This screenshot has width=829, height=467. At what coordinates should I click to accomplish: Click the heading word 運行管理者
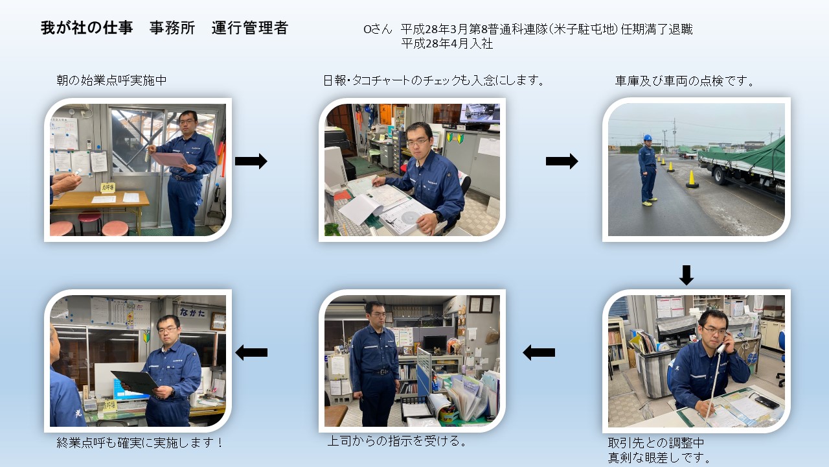point(250,28)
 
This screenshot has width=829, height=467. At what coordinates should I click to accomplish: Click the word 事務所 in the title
point(172,28)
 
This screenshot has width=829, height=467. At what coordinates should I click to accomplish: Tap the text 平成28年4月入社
point(447,43)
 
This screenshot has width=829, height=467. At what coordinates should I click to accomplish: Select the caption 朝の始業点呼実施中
point(111,80)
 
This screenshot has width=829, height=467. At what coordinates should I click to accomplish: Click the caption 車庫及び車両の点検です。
point(685,81)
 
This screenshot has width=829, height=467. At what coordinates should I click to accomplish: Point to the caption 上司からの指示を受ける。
point(397,440)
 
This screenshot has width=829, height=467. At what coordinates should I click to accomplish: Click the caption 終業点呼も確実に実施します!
point(139,442)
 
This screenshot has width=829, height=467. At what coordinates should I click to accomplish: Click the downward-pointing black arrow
point(687,275)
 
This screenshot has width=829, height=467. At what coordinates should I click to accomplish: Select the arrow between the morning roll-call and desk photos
point(251,162)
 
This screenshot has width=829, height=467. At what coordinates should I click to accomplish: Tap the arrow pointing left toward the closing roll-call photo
point(251,352)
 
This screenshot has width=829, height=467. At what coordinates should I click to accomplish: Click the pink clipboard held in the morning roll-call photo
point(170,160)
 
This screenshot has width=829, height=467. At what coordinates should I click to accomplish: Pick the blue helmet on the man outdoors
point(647,138)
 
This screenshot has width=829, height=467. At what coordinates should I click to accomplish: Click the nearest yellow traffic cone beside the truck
point(692,179)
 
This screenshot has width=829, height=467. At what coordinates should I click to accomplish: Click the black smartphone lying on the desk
point(767,403)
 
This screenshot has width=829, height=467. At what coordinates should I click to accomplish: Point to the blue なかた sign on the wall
point(192,313)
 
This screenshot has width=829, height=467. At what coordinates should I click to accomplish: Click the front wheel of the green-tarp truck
point(720,176)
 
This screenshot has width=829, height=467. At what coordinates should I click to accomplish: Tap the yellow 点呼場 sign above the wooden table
point(108,187)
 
